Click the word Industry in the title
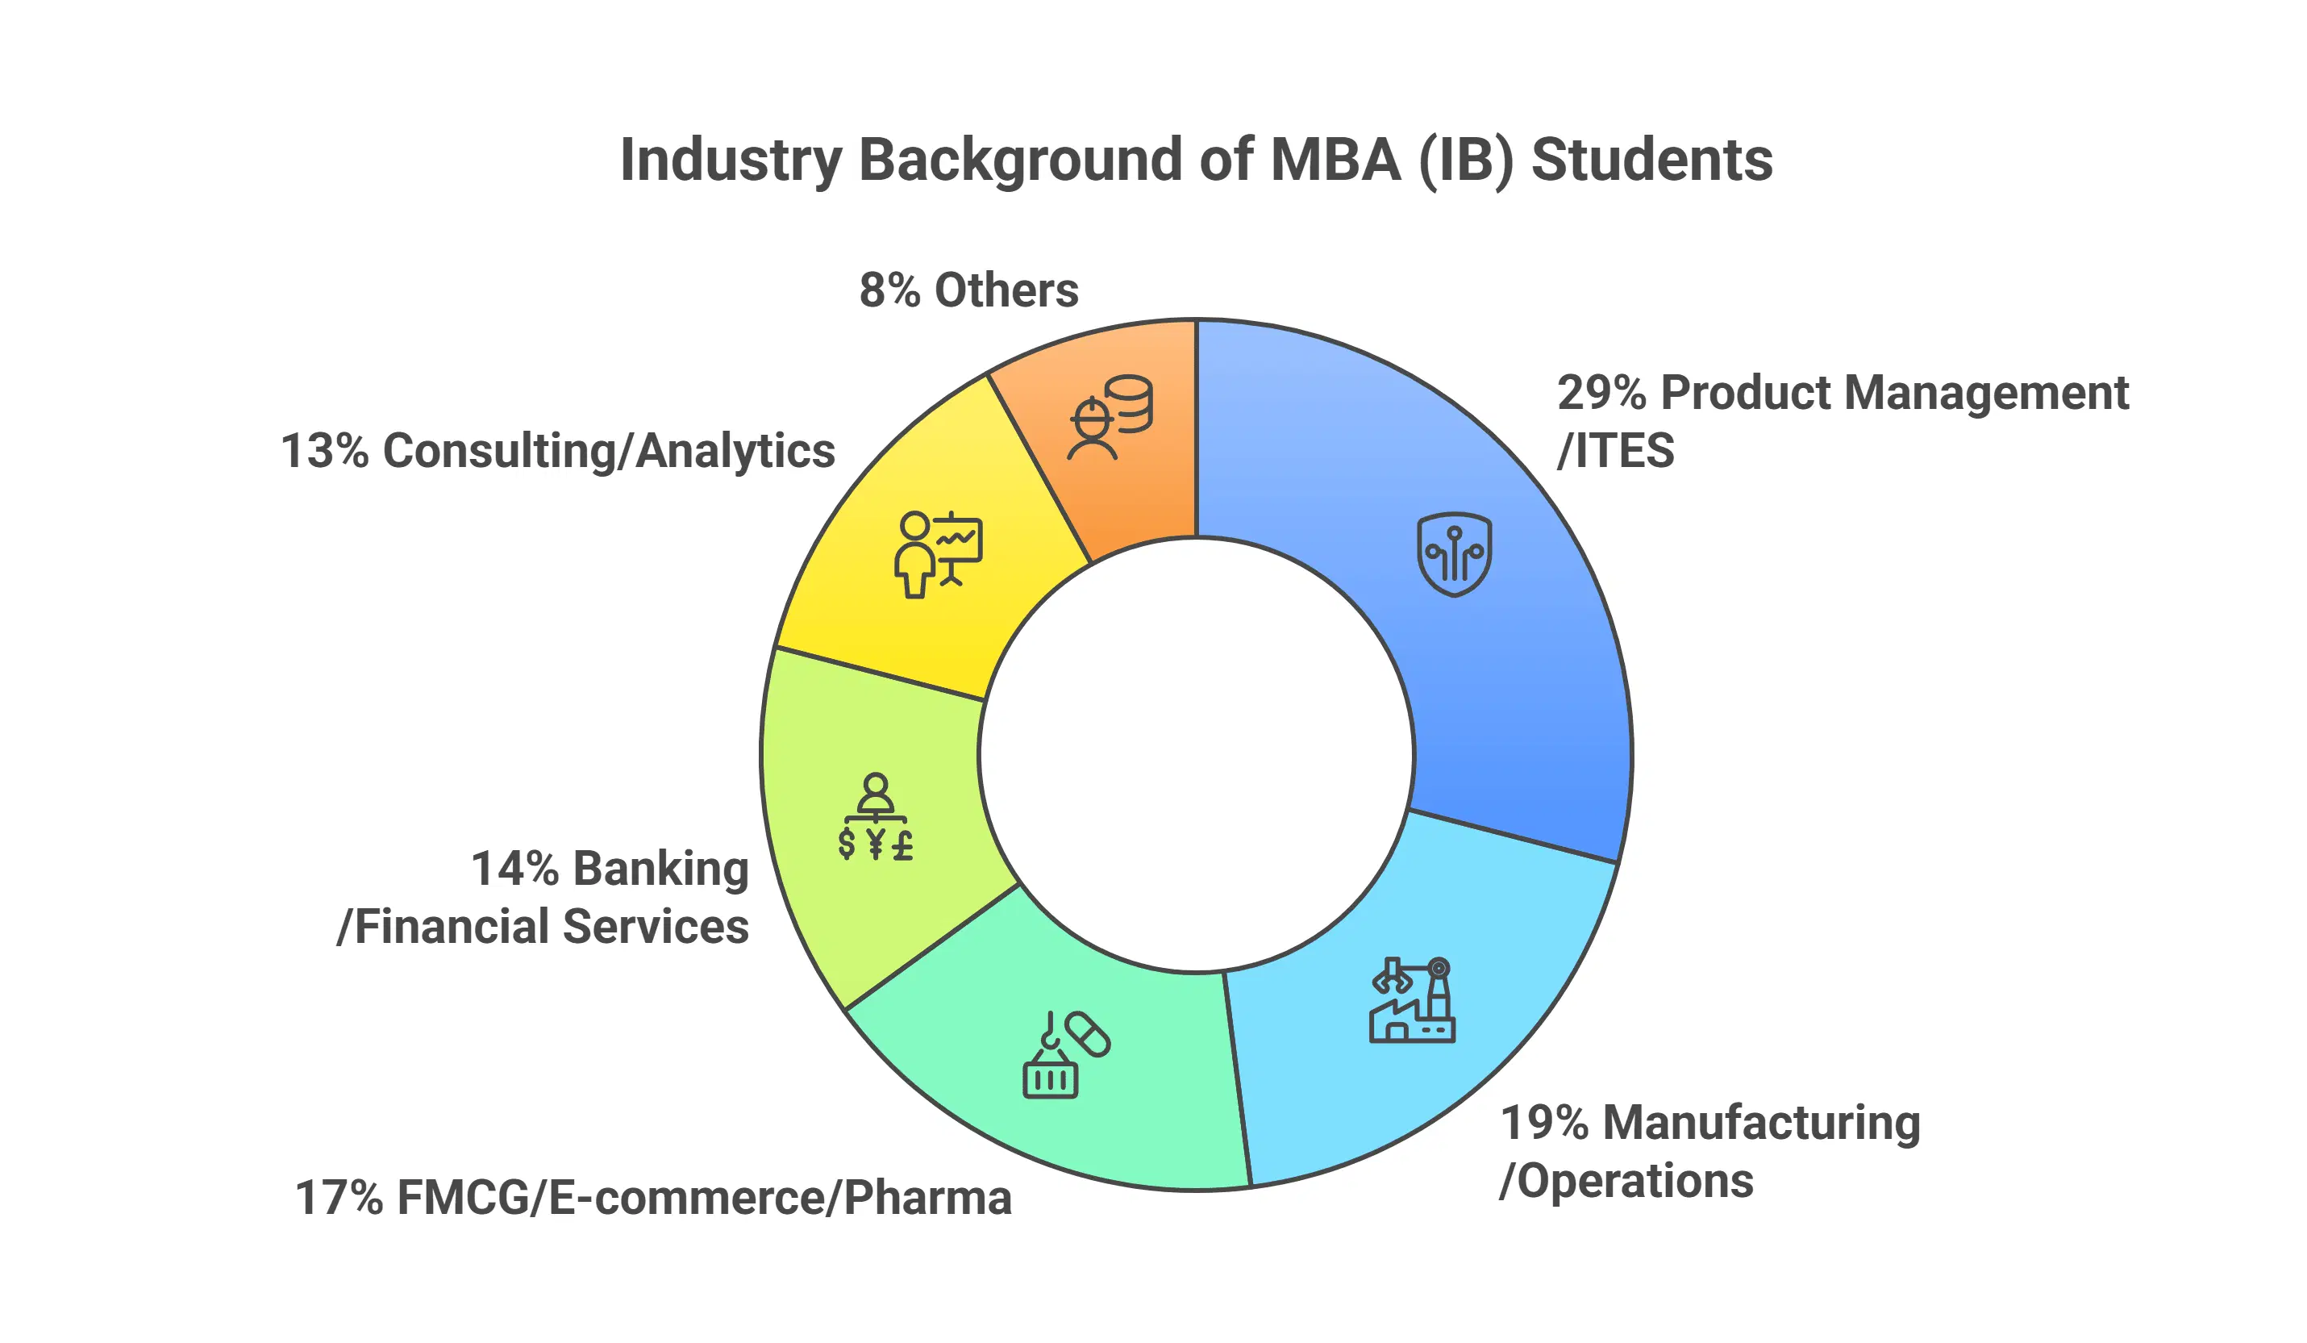[x=730, y=161]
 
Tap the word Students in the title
[x=1651, y=161]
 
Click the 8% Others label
[x=968, y=290]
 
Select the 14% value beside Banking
[x=514, y=868]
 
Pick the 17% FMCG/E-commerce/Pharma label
[x=652, y=1198]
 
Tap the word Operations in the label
[x=1635, y=1181]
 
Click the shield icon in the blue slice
[x=1454, y=554]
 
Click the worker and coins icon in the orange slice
[x=1110, y=416]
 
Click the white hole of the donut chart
[x=1196, y=755]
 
